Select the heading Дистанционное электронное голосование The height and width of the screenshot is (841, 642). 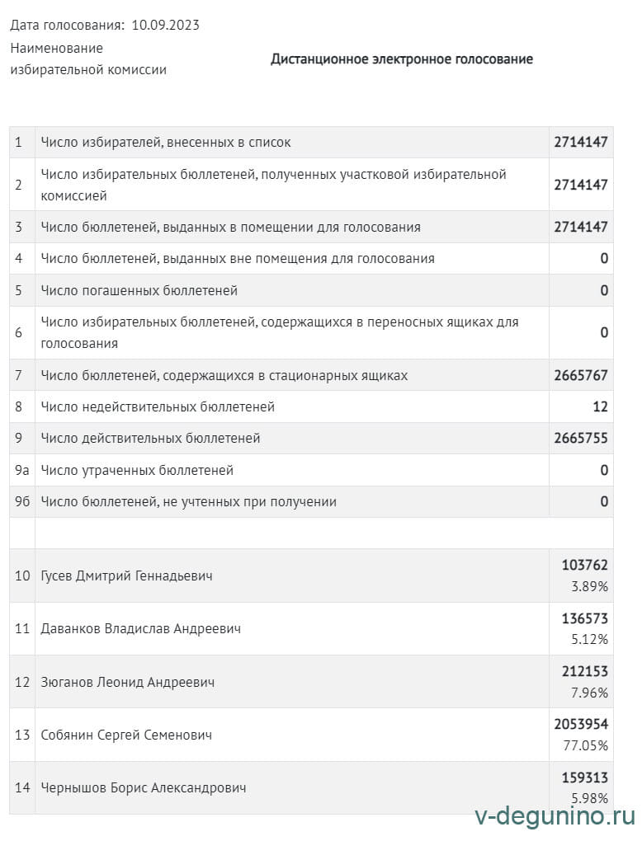pos(401,59)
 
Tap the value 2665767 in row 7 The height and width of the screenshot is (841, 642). pos(581,375)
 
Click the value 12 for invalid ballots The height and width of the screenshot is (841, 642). pos(600,406)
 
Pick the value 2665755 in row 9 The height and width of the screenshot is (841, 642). pos(581,438)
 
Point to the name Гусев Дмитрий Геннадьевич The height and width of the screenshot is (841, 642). pos(126,576)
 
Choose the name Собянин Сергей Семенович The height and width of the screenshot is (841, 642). pos(126,735)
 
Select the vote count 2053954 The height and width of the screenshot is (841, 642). pos(581,724)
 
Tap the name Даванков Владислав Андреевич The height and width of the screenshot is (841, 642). pos(140,628)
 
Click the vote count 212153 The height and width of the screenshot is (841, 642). pos(584,671)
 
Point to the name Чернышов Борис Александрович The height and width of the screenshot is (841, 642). pos(144,787)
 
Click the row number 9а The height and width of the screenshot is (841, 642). pos(21,470)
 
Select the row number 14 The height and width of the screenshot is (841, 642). pos(22,787)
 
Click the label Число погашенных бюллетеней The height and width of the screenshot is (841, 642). pos(139,290)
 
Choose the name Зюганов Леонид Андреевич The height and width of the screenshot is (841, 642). pos(127,682)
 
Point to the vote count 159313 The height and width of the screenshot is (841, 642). pos(584,777)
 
